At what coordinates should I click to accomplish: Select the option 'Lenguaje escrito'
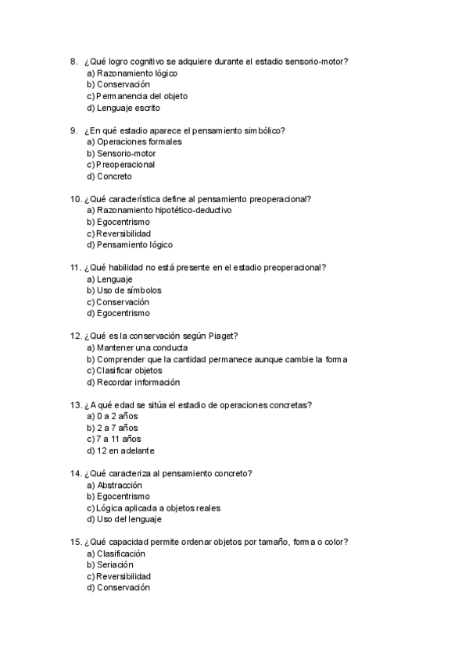128,108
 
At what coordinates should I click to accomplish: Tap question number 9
73,130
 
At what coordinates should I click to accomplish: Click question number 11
76,267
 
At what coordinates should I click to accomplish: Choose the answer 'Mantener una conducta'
137,347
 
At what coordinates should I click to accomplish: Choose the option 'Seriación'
115,564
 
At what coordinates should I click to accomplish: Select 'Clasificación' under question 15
121,553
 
